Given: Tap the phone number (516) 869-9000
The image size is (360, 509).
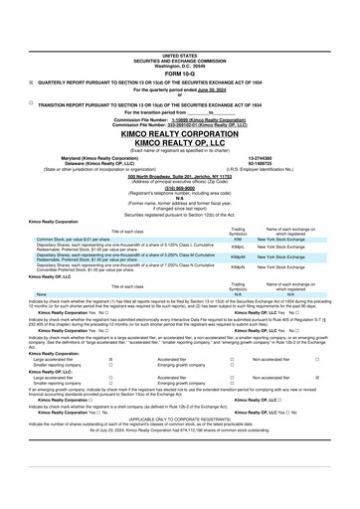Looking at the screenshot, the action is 179,184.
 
